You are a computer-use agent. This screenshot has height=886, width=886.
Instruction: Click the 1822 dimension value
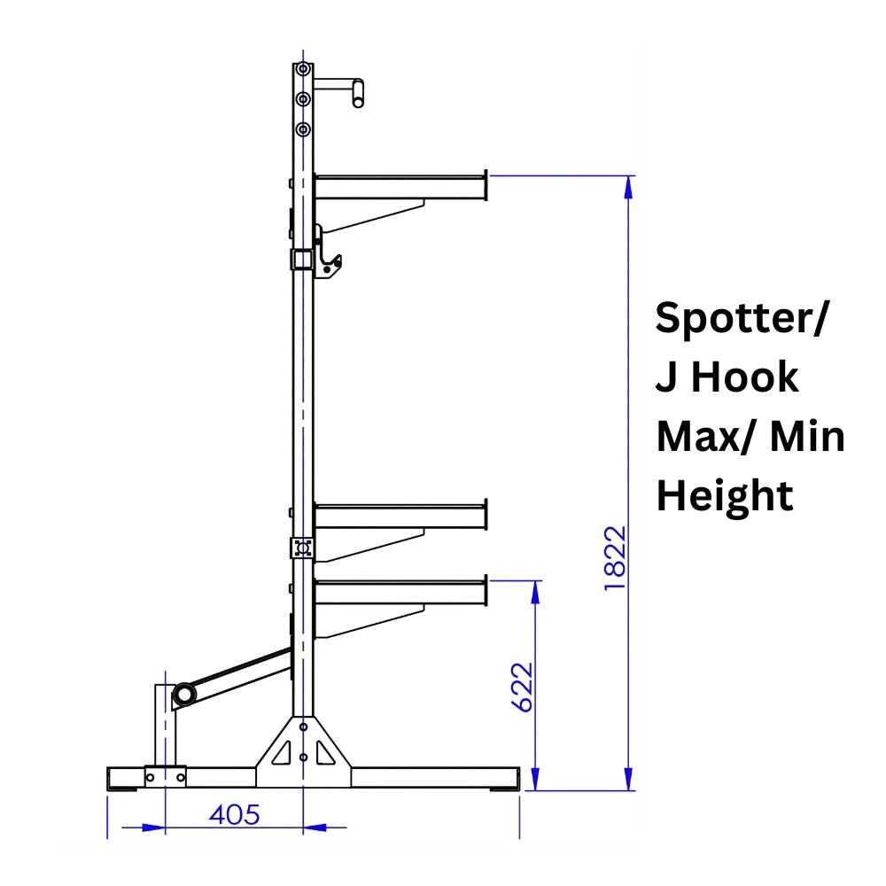tap(615, 559)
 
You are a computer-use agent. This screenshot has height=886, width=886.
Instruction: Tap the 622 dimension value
tap(523, 686)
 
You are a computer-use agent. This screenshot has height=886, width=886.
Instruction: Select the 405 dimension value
tap(234, 814)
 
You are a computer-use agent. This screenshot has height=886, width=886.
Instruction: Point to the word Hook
tap(744, 377)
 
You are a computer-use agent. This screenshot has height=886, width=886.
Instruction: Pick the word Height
tap(724, 495)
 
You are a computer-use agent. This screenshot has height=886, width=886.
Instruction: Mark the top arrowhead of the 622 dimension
tap(536, 592)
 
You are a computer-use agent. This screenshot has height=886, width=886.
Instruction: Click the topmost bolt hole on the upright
tap(304, 68)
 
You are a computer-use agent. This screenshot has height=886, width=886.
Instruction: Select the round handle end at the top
tap(358, 92)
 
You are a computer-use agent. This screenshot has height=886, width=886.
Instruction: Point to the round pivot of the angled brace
tap(184, 693)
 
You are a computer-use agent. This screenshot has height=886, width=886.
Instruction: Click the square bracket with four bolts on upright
tap(303, 548)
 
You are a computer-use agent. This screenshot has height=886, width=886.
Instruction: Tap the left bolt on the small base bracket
tap(151, 777)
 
